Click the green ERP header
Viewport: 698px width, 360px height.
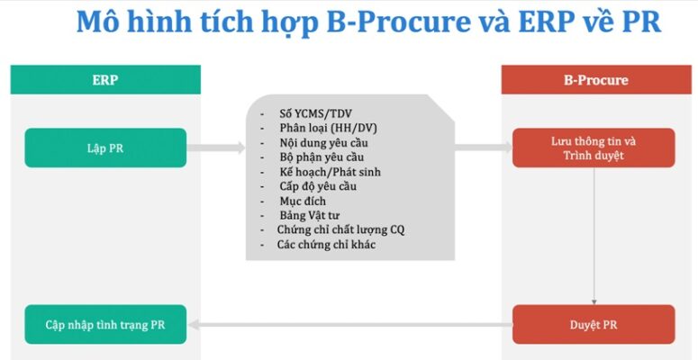coord(105,80)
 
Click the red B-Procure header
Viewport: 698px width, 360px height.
coord(596,80)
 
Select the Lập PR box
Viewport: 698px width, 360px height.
coord(105,148)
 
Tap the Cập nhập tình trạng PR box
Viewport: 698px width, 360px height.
coord(105,324)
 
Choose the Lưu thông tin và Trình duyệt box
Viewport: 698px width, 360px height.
coord(594,148)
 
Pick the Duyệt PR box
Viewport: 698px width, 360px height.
coord(594,324)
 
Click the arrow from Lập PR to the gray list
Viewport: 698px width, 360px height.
coord(216,148)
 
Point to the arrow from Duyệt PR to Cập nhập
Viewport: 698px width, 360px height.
coord(350,325)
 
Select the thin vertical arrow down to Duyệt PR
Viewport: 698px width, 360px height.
coord(594,237)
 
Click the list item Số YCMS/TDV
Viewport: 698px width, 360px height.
coord(315,113)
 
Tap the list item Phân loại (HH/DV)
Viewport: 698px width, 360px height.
coord(328,128)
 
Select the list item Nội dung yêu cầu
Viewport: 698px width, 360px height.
coord(323,143)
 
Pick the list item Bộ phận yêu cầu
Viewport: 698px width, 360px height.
coord(322,157)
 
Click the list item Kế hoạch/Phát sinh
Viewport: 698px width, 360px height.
coord(330,172)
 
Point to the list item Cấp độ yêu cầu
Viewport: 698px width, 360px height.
coord(318,186)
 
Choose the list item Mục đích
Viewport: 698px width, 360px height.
coord(303,201)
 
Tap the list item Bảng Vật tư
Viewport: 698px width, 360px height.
coord(310,215)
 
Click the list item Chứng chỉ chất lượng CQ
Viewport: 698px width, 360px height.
coord(340,229)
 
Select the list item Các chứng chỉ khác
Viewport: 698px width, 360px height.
coord(326,244)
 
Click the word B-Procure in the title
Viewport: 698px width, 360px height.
coord(398,22)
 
